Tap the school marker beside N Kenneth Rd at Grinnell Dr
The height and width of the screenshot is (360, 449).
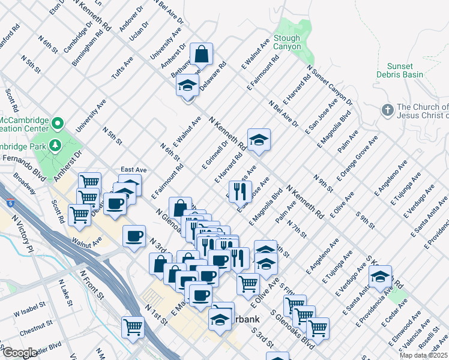[x=259, y=139]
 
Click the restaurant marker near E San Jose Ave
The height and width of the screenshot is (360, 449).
[x=240, y=191]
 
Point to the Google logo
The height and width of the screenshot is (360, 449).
[x=19, y=353]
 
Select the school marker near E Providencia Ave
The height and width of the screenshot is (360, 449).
[x=380, y=276]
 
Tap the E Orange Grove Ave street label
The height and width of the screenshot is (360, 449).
[x=357, y=152]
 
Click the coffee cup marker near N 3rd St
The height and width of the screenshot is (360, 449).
[x=134, y=235]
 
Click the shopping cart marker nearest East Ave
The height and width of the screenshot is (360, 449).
[x=89, y=181]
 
